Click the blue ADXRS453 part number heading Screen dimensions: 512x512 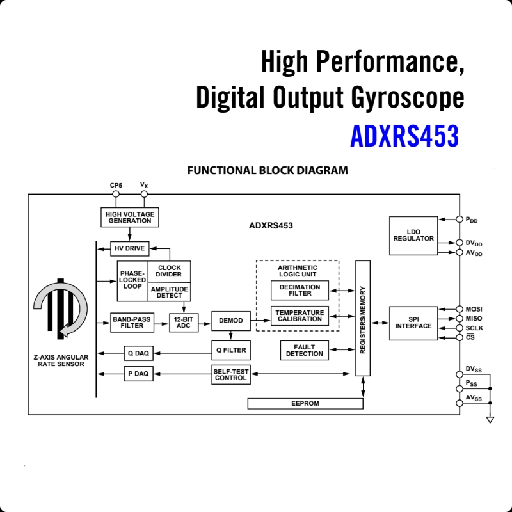click(x=404, y=136)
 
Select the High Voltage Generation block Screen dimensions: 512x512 click(x=130, y=217)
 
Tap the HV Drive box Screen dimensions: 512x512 click(x=129, y=248)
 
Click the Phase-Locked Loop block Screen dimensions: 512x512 click(x=132, y=280)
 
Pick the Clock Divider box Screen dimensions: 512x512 click(x=169, y=271)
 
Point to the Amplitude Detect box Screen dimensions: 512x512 click(x=169, y=292)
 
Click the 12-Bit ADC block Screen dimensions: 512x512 click(x=184, y=322)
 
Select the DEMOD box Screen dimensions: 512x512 click(x=230, y=321)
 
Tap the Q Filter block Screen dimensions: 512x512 click(x=230, y=350)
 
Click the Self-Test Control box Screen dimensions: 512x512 click(x=230, y=374)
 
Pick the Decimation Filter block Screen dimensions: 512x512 click(x=300, y=290)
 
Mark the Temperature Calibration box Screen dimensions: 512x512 click(x=300, y=316)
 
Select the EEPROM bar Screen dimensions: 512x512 click(x=305, y=404)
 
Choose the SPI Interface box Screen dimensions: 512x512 click(x=413, y=323)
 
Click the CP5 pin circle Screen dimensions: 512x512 click(x=116, y=194)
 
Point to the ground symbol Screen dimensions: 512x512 click(x=490, y=420)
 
